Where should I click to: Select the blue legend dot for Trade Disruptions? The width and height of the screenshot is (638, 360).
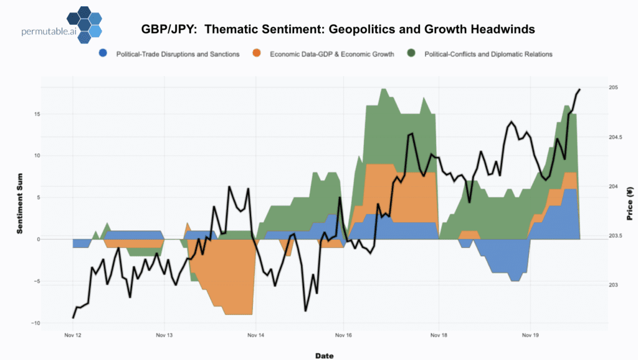pos(103,54)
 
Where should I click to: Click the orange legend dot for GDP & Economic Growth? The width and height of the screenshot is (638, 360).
pos(257,54)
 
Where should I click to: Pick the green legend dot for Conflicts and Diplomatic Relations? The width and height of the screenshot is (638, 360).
pos(411,54)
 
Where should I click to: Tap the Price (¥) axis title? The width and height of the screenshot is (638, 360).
pos(629,205)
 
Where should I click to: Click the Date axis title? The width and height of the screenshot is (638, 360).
pos(324,356)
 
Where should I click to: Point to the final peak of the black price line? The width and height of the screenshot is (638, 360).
pos(579,90)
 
